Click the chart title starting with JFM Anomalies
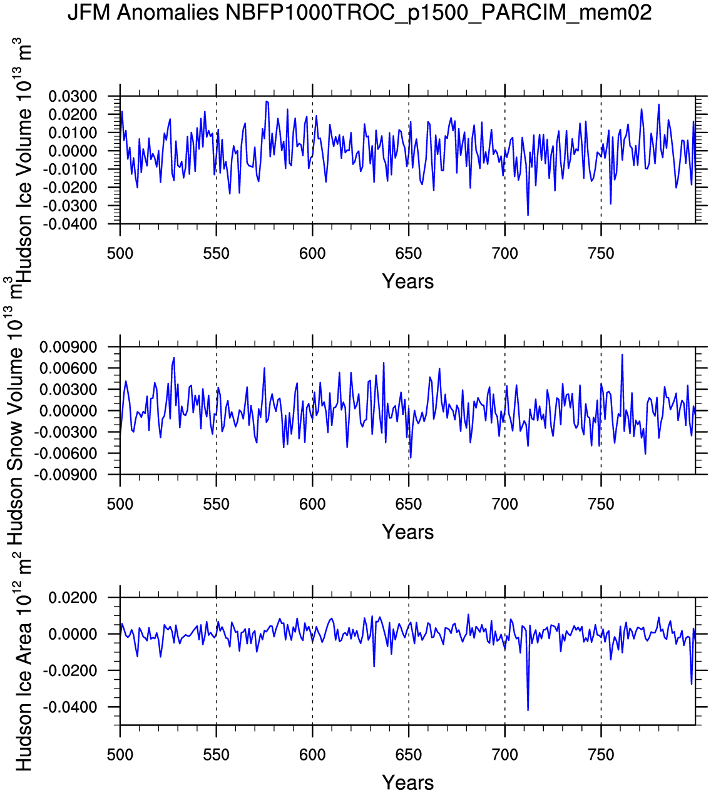(360, 13)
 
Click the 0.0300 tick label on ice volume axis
(74, 96)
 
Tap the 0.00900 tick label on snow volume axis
(69, 347)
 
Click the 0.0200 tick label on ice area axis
(74, 598)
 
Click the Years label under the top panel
(407, 281)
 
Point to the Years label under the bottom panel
(407, 782)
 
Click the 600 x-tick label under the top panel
(312, 254)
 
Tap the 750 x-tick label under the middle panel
(601, 504)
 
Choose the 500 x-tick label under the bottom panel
(120, 755)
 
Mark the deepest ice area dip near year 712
(528, 710)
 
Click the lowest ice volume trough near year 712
(528, 215)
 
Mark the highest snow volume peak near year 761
(622, 355)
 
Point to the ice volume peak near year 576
(267, 101)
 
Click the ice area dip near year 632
(374, 666)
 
